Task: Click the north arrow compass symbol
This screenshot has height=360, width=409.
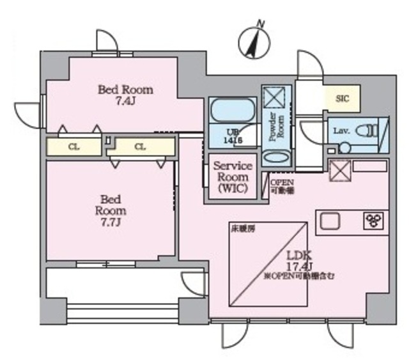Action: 252,41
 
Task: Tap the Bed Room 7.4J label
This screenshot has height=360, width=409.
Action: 125,95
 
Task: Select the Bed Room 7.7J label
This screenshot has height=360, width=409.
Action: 111,210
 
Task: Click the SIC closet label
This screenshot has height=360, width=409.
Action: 343,98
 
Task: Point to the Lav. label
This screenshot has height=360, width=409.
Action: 341,131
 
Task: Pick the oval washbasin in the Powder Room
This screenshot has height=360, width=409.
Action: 276,157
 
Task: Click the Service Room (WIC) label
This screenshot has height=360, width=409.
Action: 233,177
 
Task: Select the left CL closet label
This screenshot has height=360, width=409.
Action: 74,147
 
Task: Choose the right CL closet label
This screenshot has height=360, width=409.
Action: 141,147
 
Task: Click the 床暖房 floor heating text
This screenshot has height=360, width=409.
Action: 239,228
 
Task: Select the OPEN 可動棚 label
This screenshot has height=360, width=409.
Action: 281,186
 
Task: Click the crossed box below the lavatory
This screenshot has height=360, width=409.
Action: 338,169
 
